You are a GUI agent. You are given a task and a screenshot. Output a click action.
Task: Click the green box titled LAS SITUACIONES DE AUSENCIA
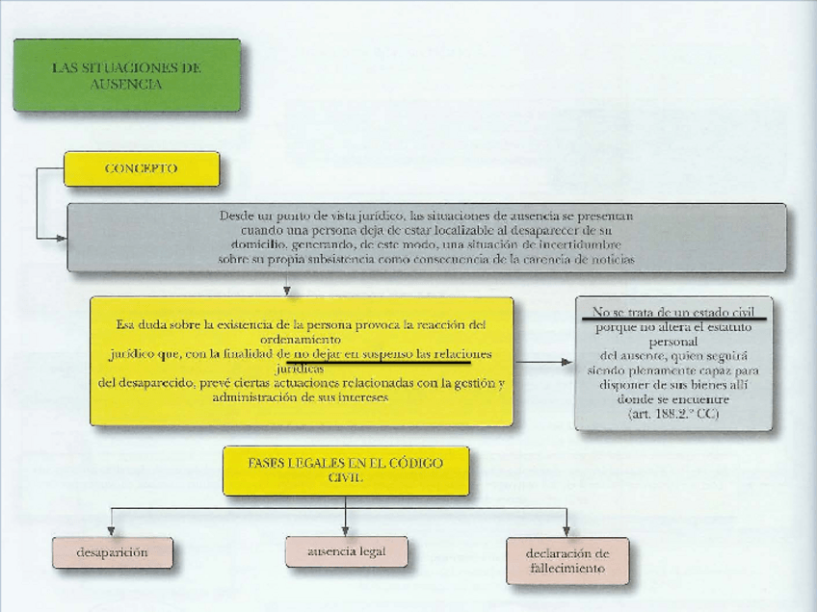click(x=126, y=75)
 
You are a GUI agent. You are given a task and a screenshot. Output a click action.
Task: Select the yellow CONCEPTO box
click(x=141, y=168)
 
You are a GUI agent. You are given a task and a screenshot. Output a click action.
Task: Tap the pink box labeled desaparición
click(x=112, y=553)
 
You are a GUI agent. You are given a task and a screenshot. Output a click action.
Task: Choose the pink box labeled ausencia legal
click(x=346, y=552)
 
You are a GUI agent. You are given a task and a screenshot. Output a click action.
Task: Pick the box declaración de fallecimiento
click(x=567, y=561)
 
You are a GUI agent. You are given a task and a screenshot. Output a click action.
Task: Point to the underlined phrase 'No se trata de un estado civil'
click(x=673, y=311)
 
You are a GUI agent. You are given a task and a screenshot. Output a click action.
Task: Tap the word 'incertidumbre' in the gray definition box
click(x=587, y=244)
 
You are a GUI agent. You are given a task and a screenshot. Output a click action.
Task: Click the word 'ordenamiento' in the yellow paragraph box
click(x=302, y=339)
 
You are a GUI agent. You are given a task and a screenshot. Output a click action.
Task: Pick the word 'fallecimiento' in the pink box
click(x=567, y=569)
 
